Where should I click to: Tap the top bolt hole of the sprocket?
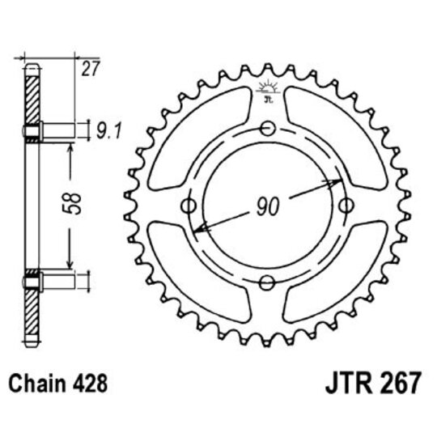tap(268, 126)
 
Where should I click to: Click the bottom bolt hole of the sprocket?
tap(268, 282)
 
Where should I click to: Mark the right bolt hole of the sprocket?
tap(346, 205)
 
